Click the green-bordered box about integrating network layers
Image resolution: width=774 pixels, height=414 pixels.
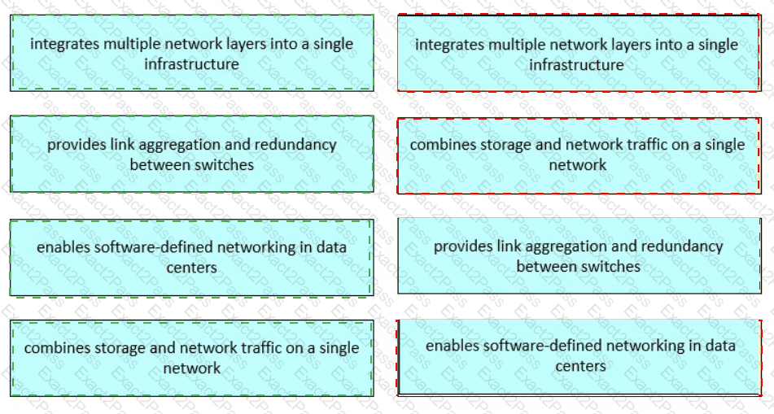(x=191, y=53)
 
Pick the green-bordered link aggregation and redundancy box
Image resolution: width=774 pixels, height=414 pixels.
(x=191, y=155)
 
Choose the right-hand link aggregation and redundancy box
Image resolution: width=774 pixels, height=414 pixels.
(x=578, y=255)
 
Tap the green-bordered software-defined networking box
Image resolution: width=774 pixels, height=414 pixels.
(x=191, y=257)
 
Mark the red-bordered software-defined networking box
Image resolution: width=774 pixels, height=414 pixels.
(x=579, y=356)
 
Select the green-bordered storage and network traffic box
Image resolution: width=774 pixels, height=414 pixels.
(x=191, y=358)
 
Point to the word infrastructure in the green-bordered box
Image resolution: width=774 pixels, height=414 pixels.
(x=191, y=63)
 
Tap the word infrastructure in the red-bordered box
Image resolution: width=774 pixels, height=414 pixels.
(x=576, y=64)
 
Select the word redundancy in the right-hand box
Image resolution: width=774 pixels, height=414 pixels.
(x=683, y=246)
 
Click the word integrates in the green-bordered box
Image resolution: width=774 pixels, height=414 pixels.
(x=65, y=44)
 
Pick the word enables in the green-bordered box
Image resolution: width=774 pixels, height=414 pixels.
(x=63, y=247)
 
